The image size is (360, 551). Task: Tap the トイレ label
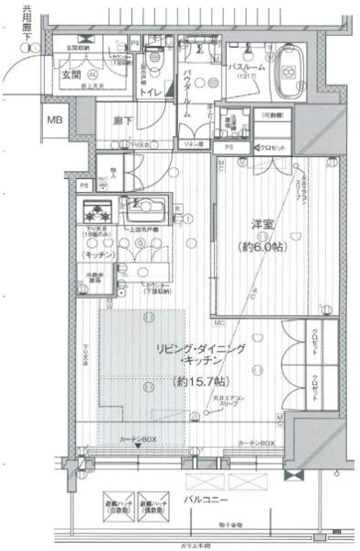pyautogui.click(x=151, y=92)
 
